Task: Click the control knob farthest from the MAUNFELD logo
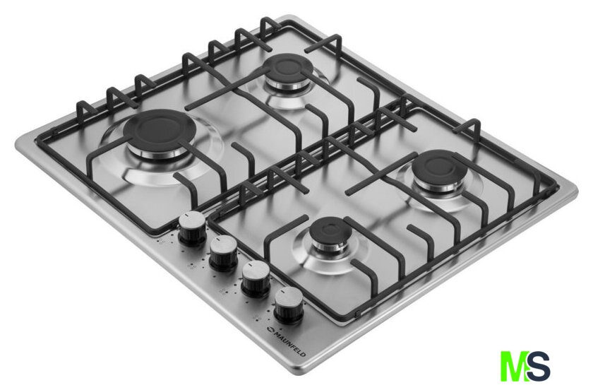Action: (192, 228)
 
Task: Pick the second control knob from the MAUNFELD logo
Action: (256, 278)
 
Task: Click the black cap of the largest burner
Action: (159, 129)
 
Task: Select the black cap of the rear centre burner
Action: (288, 68)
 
